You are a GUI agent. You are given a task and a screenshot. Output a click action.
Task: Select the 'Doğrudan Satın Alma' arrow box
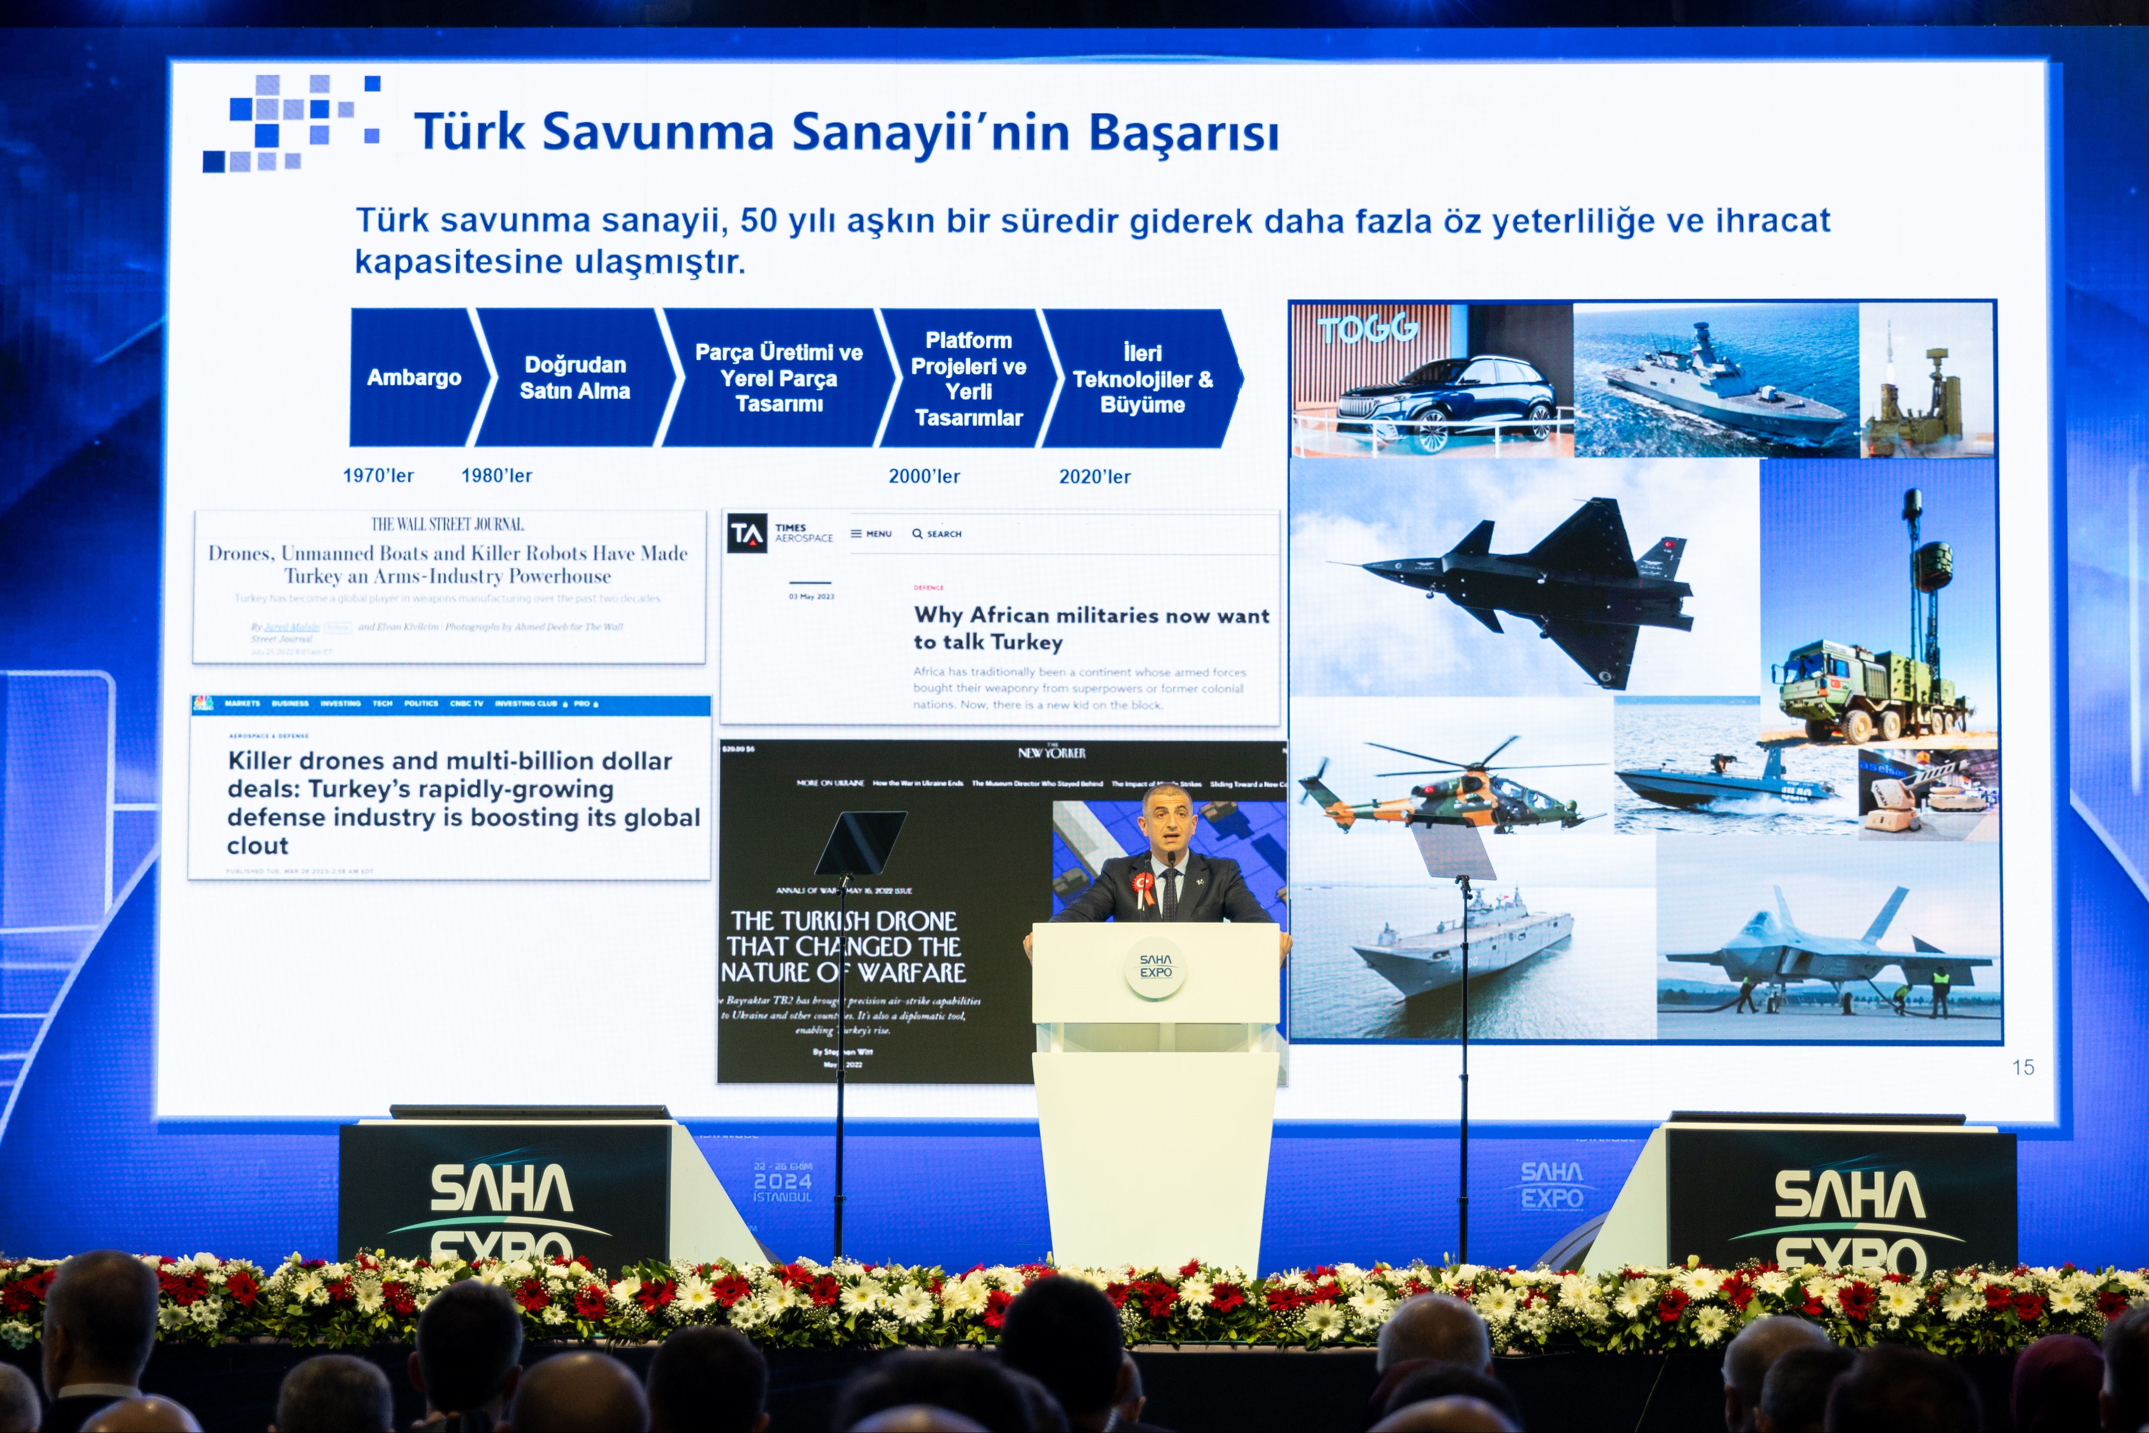[x=575, y=378]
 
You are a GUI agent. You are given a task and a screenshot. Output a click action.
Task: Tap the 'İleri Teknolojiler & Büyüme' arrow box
[x=1142, y=378]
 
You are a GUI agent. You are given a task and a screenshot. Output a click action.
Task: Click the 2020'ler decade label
[x=1094, y=476]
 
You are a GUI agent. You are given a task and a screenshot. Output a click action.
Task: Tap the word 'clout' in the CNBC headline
[x=258, y=846]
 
